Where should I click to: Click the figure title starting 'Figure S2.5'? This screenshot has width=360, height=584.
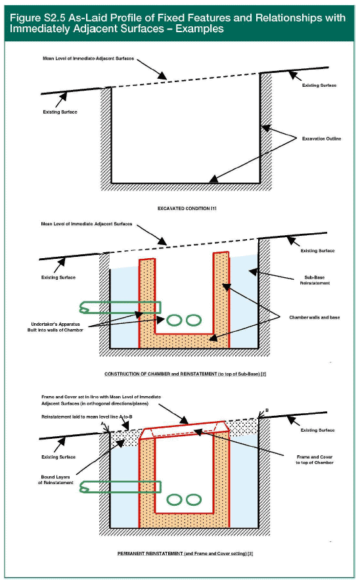tap(177, 23)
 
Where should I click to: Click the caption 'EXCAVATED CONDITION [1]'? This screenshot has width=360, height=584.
tap(187, 209)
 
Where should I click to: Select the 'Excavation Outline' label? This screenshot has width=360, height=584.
tap(321, 139)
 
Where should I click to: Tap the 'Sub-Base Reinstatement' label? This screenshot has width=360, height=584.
tap(315, 280)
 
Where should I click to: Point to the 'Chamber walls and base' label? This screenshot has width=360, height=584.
tap(315, 317)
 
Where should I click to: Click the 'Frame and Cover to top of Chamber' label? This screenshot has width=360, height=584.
tap(315, 460)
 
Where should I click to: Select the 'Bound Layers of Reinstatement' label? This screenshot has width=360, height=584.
tap(56, 480)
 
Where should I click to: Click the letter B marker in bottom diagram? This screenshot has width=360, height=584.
tap(267, 411)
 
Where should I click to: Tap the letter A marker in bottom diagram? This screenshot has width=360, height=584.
tap(102, 424)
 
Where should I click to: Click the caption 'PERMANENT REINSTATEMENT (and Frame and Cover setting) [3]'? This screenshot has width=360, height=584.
tap(185, 554)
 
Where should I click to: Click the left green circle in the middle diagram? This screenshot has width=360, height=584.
tap(174, 320)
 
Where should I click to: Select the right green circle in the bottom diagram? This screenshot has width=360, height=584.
tap(194, 500)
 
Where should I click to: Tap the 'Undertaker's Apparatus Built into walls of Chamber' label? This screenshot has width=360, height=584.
tap(55, 327)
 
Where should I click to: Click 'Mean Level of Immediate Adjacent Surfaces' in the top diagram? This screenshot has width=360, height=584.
tap(88, 58)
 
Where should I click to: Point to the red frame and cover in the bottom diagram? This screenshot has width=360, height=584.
tap(185, 427)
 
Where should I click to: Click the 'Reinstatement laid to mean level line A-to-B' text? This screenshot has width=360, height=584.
tap(87, 416)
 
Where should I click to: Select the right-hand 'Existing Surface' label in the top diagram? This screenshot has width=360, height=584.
tap(319, 85)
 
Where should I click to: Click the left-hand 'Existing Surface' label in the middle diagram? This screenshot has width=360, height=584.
tap(58, 277)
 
